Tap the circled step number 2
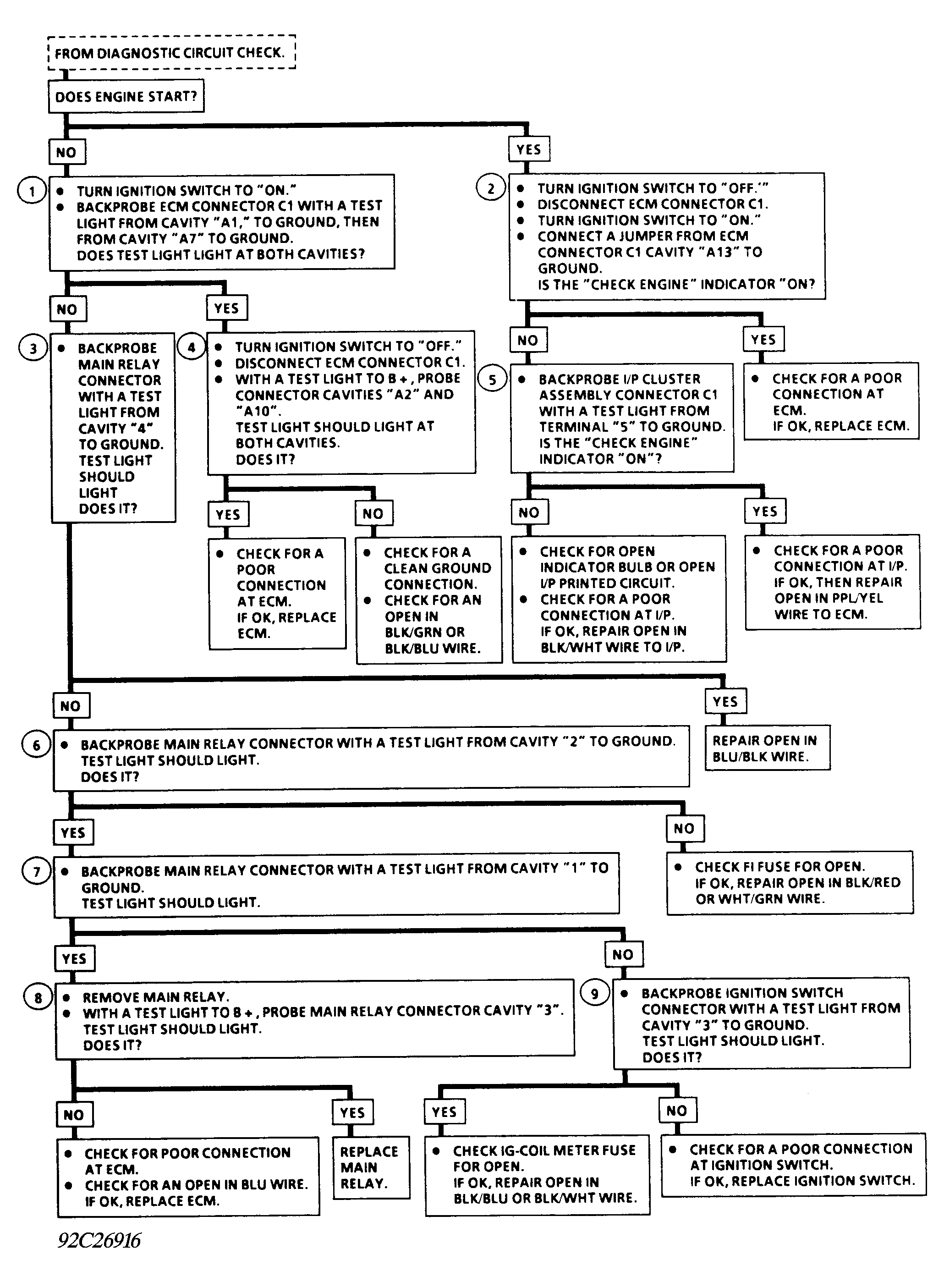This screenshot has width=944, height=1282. click(x=491, y=188)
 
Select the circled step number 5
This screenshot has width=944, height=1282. click(x=493, y=380)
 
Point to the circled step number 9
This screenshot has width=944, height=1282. click(x=595, y=993)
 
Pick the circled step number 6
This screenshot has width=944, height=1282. click(x=37, y=745)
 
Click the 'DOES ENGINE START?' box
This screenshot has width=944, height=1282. click(x=126, y=96)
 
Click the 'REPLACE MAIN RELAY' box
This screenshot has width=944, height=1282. click(x=370, y=1167)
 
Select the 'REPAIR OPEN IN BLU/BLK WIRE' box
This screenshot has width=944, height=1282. click(x=766, y=748)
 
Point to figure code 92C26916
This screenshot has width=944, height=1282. click(x=99, y=1241)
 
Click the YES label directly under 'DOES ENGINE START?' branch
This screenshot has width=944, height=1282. click(x=528, y=150)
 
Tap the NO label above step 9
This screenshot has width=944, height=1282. click(x=623, y=954)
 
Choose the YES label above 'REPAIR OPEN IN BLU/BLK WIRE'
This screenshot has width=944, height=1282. click(x=725, y=701)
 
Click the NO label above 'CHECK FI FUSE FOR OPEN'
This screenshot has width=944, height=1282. click(x=684, y=828)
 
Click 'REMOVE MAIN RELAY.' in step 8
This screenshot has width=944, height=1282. click(x=155, y=997)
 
